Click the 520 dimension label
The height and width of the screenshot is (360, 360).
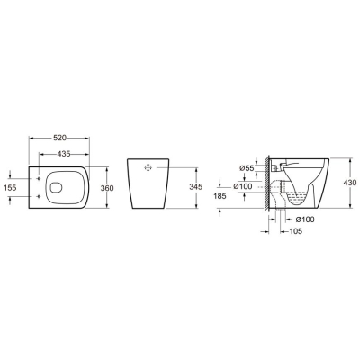[x=59, y=138]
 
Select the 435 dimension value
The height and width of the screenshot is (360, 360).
[x=64, y=154]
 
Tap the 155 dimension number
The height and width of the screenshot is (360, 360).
[x=10, y=188]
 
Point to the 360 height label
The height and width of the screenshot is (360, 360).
[x=107, y=188]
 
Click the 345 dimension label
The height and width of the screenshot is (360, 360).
[x=196, y=186]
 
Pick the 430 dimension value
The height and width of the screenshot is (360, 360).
[x=350, y=183]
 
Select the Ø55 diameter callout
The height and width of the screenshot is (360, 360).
[x=247, y=168]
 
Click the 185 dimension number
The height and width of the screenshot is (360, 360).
[x=220, y=196]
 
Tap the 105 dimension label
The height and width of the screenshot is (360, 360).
[x=296, y=231]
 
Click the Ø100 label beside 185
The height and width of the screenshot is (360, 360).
[x=243, y=186]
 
